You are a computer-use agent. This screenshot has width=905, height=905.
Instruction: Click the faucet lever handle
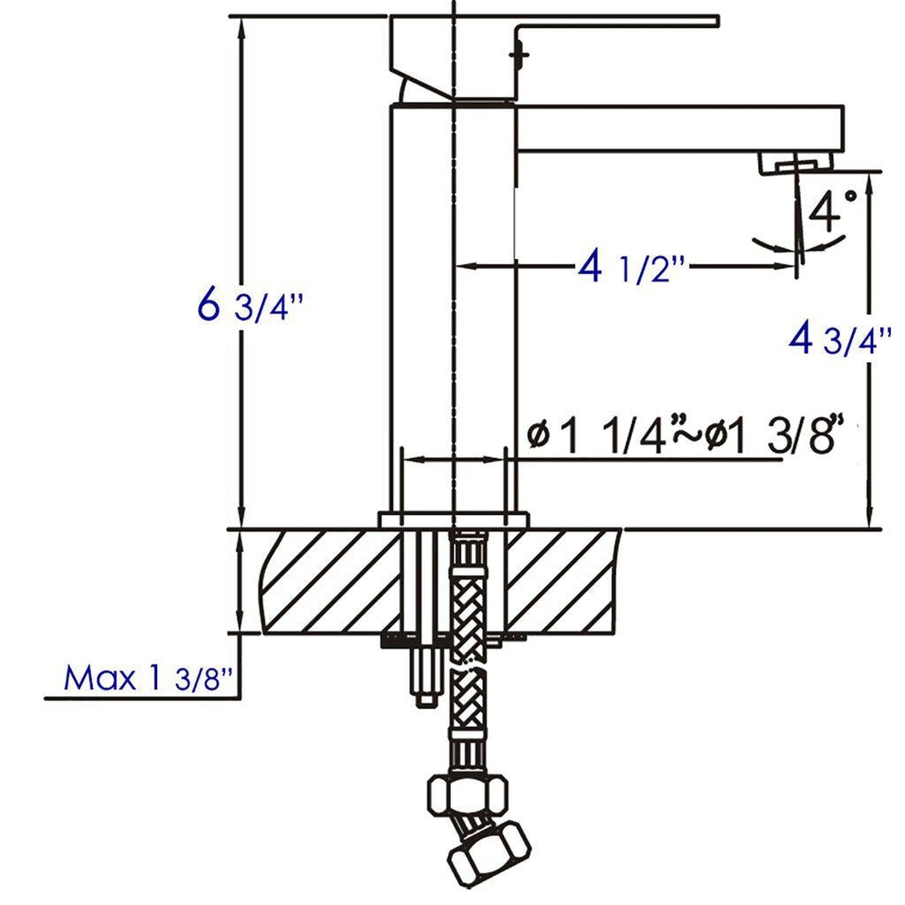[x=614, y=25]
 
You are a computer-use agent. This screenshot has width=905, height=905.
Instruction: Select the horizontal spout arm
[x=676, y=128]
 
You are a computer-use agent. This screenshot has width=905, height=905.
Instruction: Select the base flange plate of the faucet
[x=453, y=520]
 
